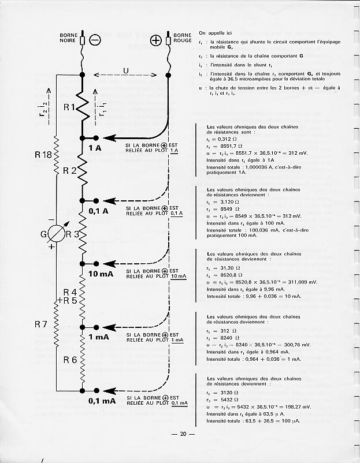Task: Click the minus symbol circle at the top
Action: point(95,40)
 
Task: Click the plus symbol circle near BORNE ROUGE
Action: point(155,40)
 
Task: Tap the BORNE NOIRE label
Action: point(69,38)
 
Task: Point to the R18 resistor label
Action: point(44,155)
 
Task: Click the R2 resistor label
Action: point(70,170)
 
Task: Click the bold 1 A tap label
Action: point(94,148)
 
